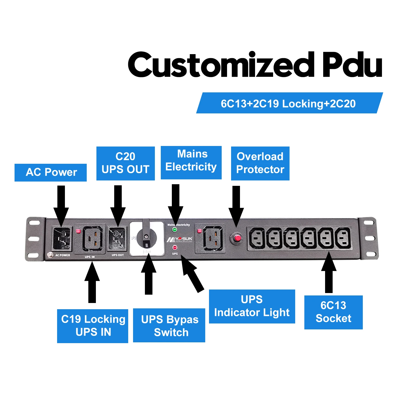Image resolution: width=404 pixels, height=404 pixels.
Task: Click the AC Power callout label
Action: tap(51, 172)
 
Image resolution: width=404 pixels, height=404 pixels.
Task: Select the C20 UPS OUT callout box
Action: tap(126, 163)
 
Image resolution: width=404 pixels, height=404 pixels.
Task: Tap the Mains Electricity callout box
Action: tap(191, 162)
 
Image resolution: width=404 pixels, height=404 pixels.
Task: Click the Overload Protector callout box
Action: tap(260, 163)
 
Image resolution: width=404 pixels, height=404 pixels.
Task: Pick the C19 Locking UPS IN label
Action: tap(93, 326)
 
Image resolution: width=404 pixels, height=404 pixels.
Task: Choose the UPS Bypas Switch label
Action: tap(169, 325)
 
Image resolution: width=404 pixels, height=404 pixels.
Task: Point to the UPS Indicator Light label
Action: tap(252, 306)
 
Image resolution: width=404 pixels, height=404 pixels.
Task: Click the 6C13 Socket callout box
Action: tap(333, 312)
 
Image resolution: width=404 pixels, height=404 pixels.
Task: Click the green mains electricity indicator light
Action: tap(175, 230)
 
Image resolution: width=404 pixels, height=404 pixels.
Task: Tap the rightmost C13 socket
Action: tap(343, 238)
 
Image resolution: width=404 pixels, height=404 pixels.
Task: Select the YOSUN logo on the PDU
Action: tap(180, 239)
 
